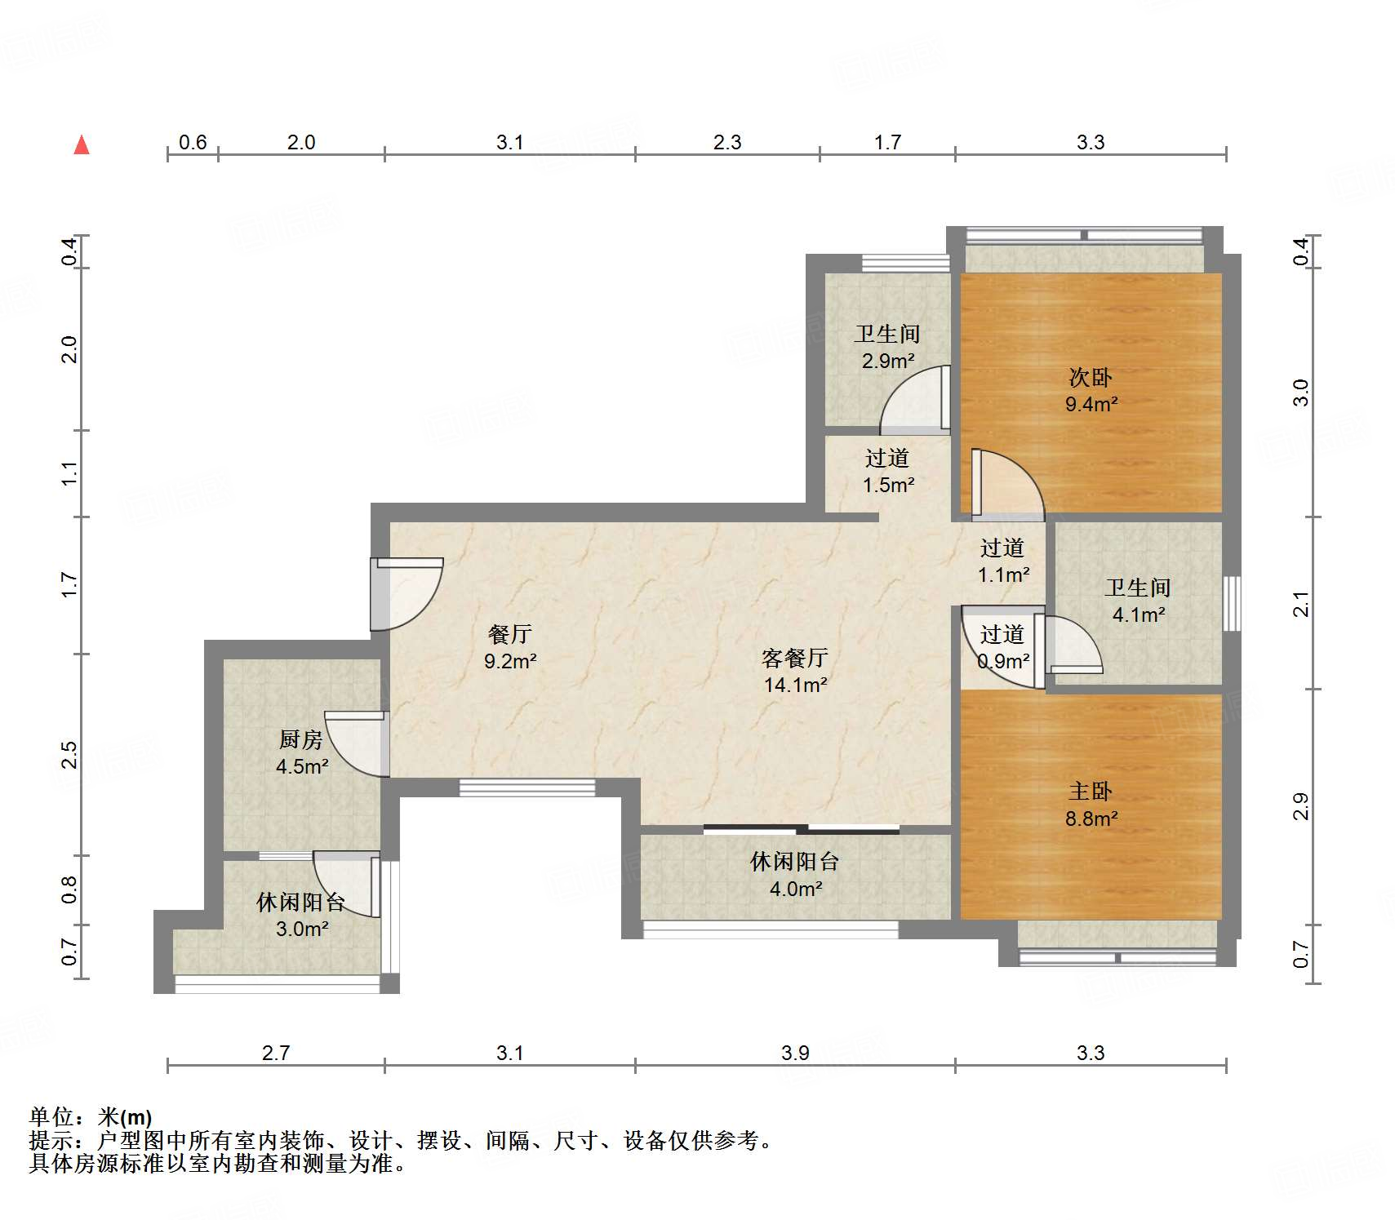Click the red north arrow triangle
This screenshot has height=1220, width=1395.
(x=82, y=145)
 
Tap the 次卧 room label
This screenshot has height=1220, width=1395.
(x=1091, y=377)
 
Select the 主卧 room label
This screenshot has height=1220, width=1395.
(x=1091, y=791)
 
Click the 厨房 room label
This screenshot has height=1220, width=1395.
(x=301, y=739)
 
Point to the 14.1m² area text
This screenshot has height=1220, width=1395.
(x=795, y=685)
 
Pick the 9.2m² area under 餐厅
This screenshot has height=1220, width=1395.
(x=510, y=661)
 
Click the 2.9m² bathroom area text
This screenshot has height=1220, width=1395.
(x=888, y=361)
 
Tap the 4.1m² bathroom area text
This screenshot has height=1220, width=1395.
(x=1139, y=614)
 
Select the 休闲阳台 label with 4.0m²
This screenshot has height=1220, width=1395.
(x=795, y=861)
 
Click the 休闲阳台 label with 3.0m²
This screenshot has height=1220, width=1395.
(x=301, y=902)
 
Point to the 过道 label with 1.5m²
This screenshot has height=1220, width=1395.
(x=887, y=458)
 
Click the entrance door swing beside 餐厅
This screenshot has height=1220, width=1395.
(x=406, y=594)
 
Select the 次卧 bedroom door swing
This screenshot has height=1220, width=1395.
(x=1007, y=485)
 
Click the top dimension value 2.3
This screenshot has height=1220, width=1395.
(x=727, y=143)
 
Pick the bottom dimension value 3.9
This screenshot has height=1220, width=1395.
(x=795, y=1053)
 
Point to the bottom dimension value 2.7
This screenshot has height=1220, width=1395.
(x=276, y=1053)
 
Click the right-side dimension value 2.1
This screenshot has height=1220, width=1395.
(x=1301, y=604)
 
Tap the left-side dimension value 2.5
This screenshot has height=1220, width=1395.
(x=70, y=754)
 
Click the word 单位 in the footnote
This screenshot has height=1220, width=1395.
(x=51, y=1116)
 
